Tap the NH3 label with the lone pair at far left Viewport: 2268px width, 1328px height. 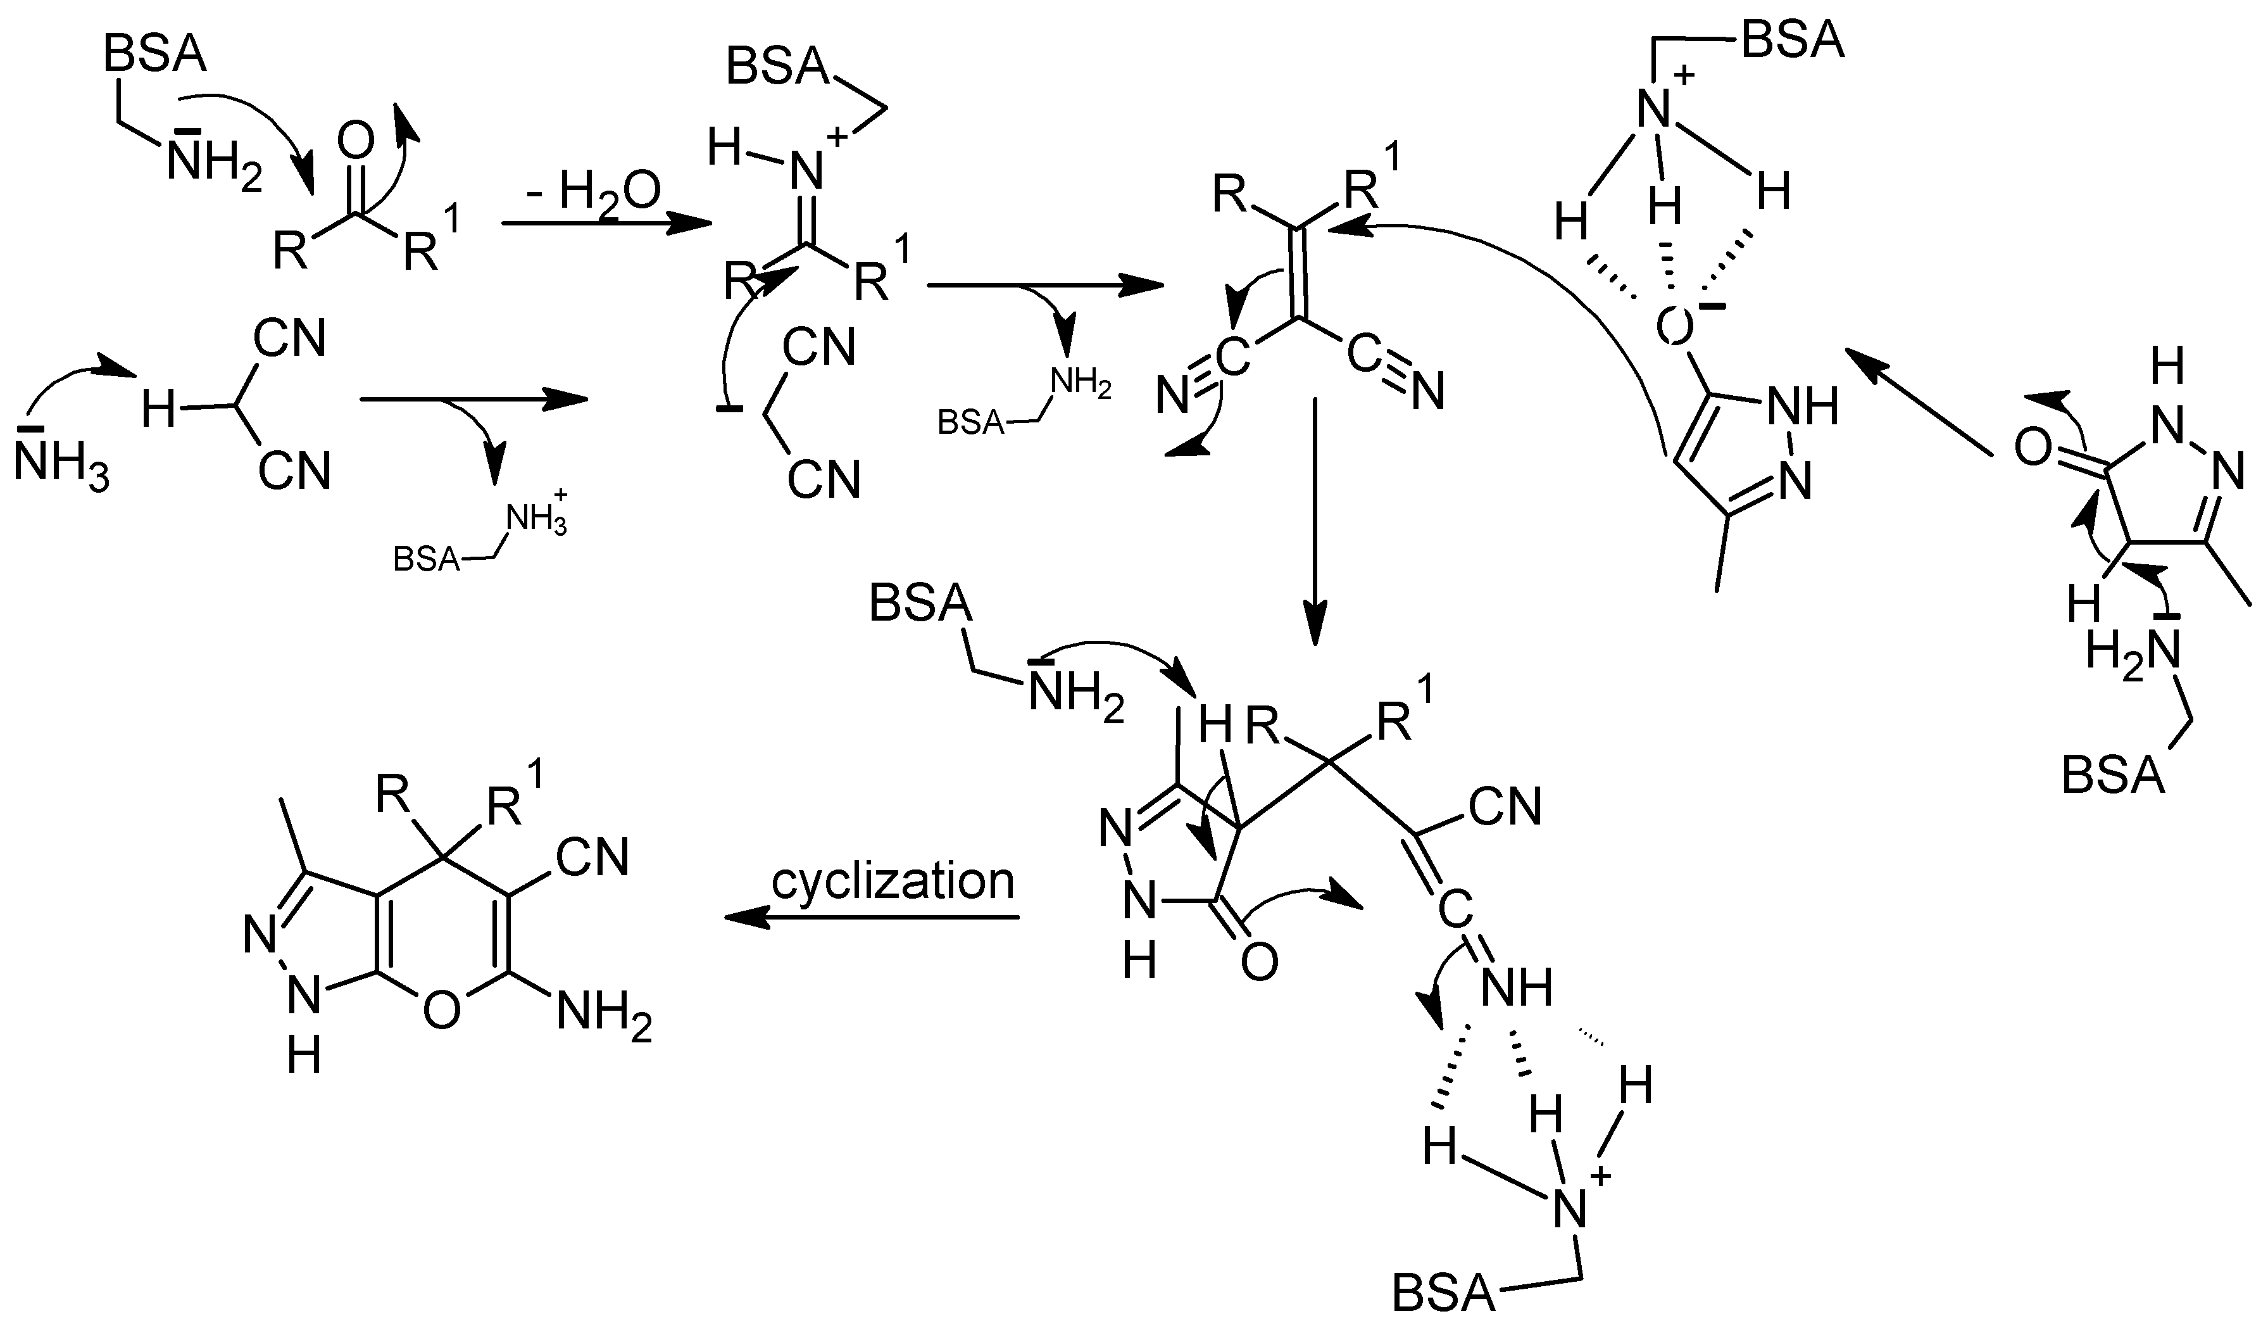[x=61, y=468]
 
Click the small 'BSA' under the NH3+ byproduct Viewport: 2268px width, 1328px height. [x=426, y=559]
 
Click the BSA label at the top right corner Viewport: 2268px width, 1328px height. [x=1793, y=41]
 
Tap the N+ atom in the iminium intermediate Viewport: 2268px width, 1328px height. [x=810, y=168]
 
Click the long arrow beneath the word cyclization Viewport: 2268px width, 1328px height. [x=871, y=918]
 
